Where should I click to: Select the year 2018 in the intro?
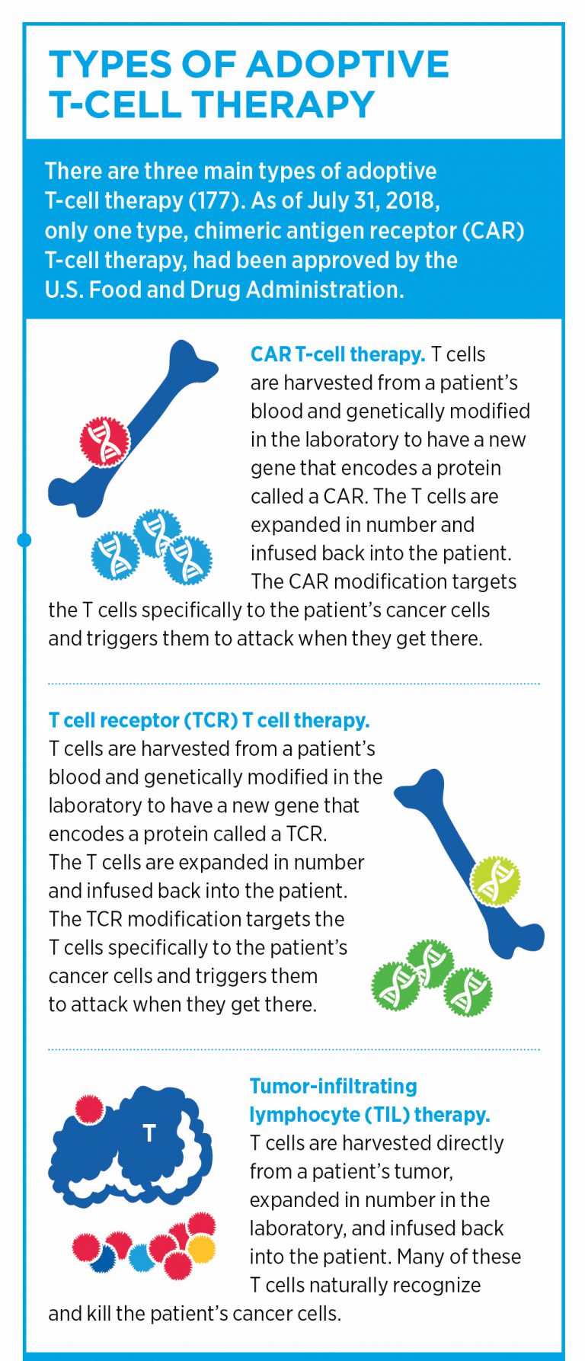(x=411, y=200)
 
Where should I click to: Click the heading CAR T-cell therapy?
(x=337, y=354)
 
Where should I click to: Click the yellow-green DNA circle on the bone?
(x=495, y=880)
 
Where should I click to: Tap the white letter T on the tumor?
(x=149, y=1133)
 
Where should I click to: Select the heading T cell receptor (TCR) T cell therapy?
(x=209, y=720)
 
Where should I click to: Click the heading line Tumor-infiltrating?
(x=333, y=1086)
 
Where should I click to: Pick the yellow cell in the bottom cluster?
(x=201, y=1247)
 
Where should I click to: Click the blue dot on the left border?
(x=24, y=540)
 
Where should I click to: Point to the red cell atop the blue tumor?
(x=89, y=1109)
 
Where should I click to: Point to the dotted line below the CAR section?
(x=293, y=684)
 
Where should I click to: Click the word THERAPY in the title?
(x=286, y=104)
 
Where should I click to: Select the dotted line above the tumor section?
(x=293, y=1049)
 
